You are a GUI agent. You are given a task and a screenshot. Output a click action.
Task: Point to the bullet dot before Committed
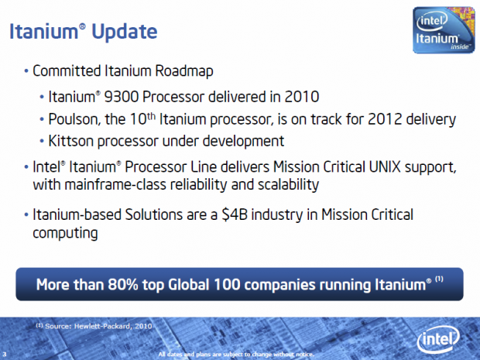[x=26, y=72]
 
